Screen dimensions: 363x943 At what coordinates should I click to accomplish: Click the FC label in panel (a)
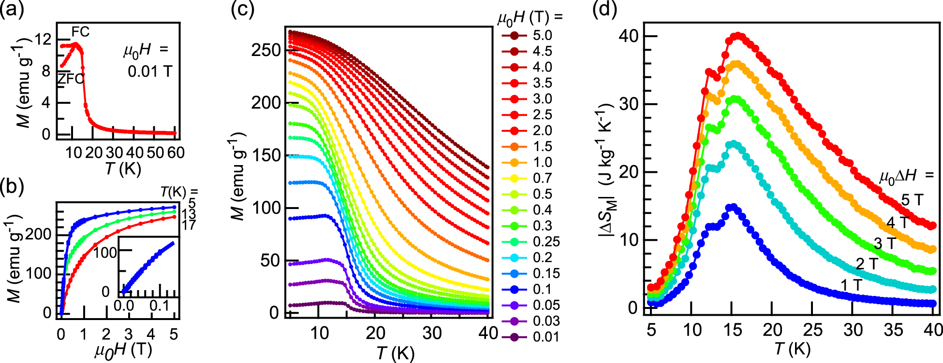pos(80,32)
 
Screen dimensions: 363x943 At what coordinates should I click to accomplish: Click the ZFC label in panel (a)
pos(71,78)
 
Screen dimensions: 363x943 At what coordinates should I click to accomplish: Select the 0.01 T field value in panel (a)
pos(150,71)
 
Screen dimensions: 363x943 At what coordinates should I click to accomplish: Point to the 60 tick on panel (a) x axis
pos(176,153)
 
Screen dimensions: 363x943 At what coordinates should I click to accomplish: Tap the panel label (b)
pos(12,186)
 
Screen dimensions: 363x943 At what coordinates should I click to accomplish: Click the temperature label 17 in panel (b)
pos(189,225)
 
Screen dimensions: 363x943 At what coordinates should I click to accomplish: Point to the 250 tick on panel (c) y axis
pos(266,50)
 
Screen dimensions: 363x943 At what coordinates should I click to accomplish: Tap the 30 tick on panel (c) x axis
pos(432,333)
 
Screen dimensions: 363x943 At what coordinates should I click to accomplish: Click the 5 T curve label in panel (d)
pos(912,200)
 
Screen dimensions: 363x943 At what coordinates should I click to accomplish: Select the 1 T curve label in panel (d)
pos(851,285)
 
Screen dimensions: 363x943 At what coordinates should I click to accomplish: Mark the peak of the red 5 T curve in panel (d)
pos(737,36)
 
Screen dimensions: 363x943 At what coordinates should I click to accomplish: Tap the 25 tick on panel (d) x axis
pos(813,330)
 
